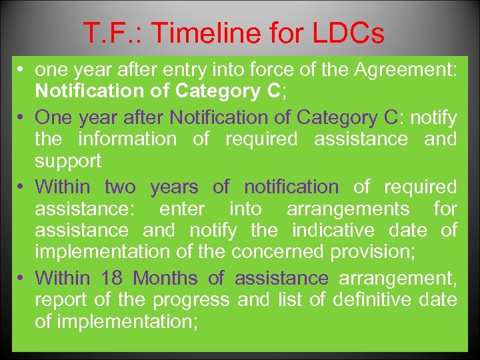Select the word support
pyautogui.click(x=68, y=161)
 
